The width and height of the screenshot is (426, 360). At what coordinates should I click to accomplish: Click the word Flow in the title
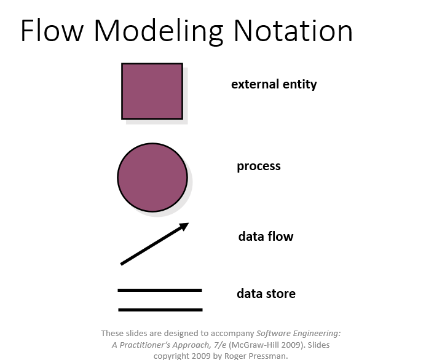tap(52, 30)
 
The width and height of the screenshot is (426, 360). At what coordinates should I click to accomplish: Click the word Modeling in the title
tap(159, 31)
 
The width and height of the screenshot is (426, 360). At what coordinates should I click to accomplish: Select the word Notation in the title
tap(293, 30)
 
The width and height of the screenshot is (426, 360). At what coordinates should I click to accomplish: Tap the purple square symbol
tap(152, 91)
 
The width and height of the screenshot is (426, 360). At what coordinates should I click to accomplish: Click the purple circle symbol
tap(152, 178)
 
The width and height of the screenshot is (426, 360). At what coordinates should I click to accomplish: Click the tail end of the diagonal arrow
tap(121, 264)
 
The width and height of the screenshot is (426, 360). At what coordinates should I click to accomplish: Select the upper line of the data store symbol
tap(160, 290)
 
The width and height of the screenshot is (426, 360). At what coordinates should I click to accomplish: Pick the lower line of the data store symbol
tap(160, 310)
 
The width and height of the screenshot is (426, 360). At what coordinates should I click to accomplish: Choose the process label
tap(259, 166)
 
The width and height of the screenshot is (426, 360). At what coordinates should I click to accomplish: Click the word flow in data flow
tap(280, 236)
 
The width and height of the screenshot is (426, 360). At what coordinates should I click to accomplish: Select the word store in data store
tap(281, 294)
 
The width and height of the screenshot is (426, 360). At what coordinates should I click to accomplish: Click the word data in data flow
tap(251, 236)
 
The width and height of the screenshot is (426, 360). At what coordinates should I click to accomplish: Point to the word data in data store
tap(250, 294)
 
